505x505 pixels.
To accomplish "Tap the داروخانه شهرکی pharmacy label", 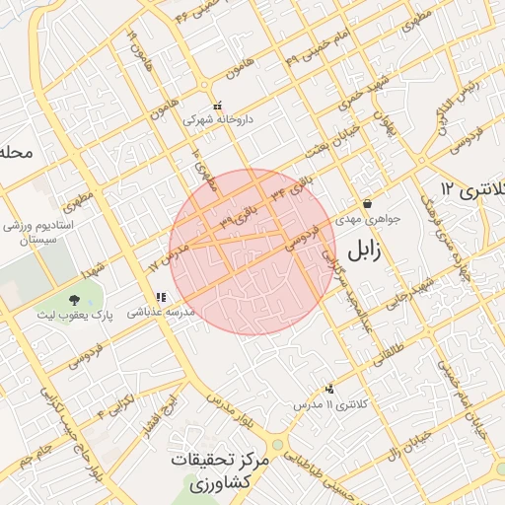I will [218, 119].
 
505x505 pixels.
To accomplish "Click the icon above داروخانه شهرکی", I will [218, 106].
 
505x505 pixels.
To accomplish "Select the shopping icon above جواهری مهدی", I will [367, 204].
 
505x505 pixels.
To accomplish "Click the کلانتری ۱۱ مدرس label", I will [330, 405].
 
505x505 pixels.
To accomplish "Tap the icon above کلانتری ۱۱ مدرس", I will [329, 390].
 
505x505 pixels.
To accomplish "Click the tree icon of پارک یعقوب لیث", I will [74, 299].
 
